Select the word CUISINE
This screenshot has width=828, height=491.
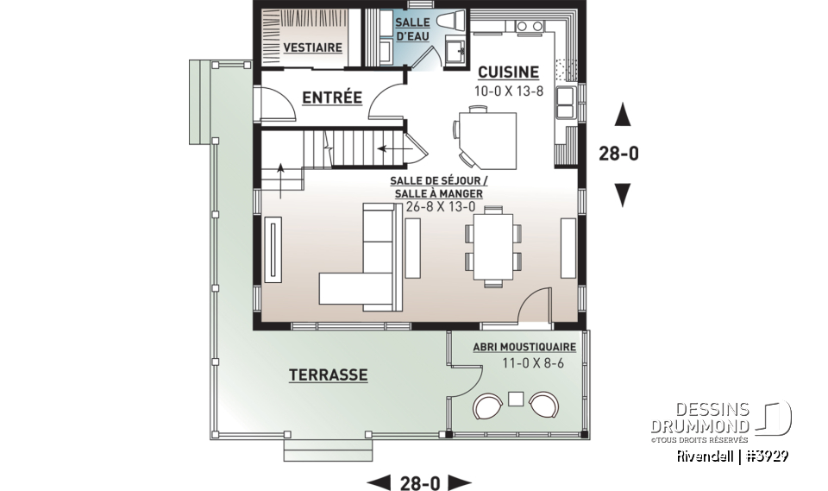(x=508, y=72)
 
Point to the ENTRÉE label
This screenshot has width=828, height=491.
(x=332, y=98)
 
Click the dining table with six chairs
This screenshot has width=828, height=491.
(x=493, y=247)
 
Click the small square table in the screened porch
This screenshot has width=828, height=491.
(x=516, y=399)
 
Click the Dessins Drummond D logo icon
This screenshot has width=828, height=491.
(x=777, y=417)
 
